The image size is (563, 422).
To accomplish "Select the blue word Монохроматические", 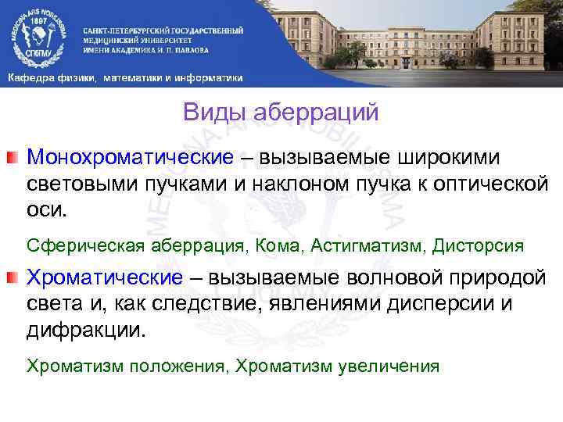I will point(131,157).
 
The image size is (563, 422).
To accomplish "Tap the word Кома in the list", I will point(278,245).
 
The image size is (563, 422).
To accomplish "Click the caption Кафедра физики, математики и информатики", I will point(125,78).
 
